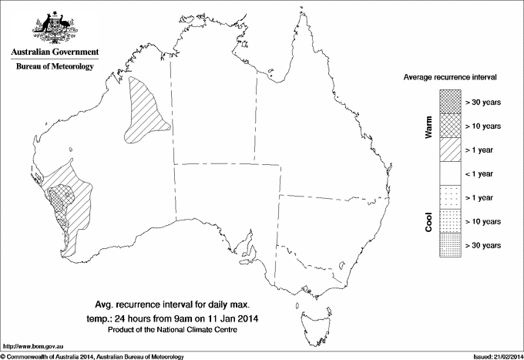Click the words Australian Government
[x=55, y=52]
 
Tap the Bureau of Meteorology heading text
[x=55, y=67]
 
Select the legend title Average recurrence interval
[x=451, y=78]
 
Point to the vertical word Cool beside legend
[x=429, y=221]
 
